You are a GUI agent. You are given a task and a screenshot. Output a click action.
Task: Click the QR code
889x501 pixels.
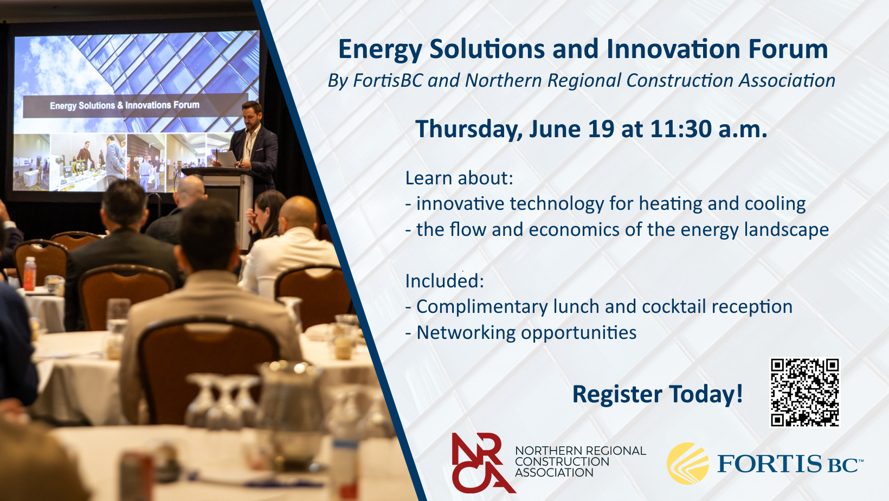(x=805, y=392)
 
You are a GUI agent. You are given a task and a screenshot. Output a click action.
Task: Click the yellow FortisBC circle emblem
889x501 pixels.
(x=688, y=464)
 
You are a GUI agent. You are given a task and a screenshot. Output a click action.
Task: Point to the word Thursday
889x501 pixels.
(x=469, y=130)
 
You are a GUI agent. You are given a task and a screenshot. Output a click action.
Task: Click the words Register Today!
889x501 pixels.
(x=657, y=394)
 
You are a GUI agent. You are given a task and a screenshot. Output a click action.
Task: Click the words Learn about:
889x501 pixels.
(x=459, y=178)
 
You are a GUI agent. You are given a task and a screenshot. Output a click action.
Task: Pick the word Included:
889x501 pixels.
(x=445, y=281)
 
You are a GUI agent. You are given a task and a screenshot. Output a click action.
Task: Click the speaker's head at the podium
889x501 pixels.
(x=252, y=115)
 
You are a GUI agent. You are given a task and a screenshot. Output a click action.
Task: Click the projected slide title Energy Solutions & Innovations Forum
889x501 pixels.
(x=125, y=106)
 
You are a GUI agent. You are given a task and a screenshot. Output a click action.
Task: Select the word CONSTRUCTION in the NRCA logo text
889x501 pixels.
(x=562, y=462)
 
